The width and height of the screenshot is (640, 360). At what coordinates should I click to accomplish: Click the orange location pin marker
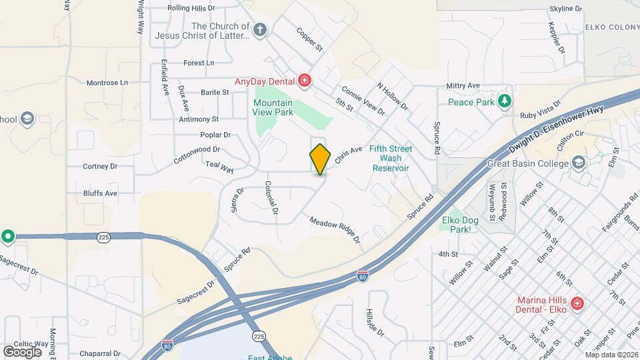(321, 159)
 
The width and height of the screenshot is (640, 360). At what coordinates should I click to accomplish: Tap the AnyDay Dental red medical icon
(305, 81)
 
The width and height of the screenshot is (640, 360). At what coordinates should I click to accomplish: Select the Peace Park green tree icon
(505, 101)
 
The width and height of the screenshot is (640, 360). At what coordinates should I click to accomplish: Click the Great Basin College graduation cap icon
(578, 163)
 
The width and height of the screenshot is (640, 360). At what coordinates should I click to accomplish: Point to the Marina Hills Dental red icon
(577, 304)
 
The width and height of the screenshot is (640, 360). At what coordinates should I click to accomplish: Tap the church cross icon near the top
(260, 30)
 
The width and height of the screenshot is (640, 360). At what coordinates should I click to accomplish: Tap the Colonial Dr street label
(271, 198)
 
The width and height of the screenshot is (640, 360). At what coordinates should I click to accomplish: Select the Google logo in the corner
(22, 351)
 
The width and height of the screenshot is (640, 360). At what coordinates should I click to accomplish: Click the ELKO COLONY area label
(612, 27)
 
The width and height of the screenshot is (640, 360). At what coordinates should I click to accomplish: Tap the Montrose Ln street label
(107, 83)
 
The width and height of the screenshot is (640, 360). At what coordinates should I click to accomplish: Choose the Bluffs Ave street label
(100, 193)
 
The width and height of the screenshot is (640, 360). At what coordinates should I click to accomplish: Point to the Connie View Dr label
(363, 100)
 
